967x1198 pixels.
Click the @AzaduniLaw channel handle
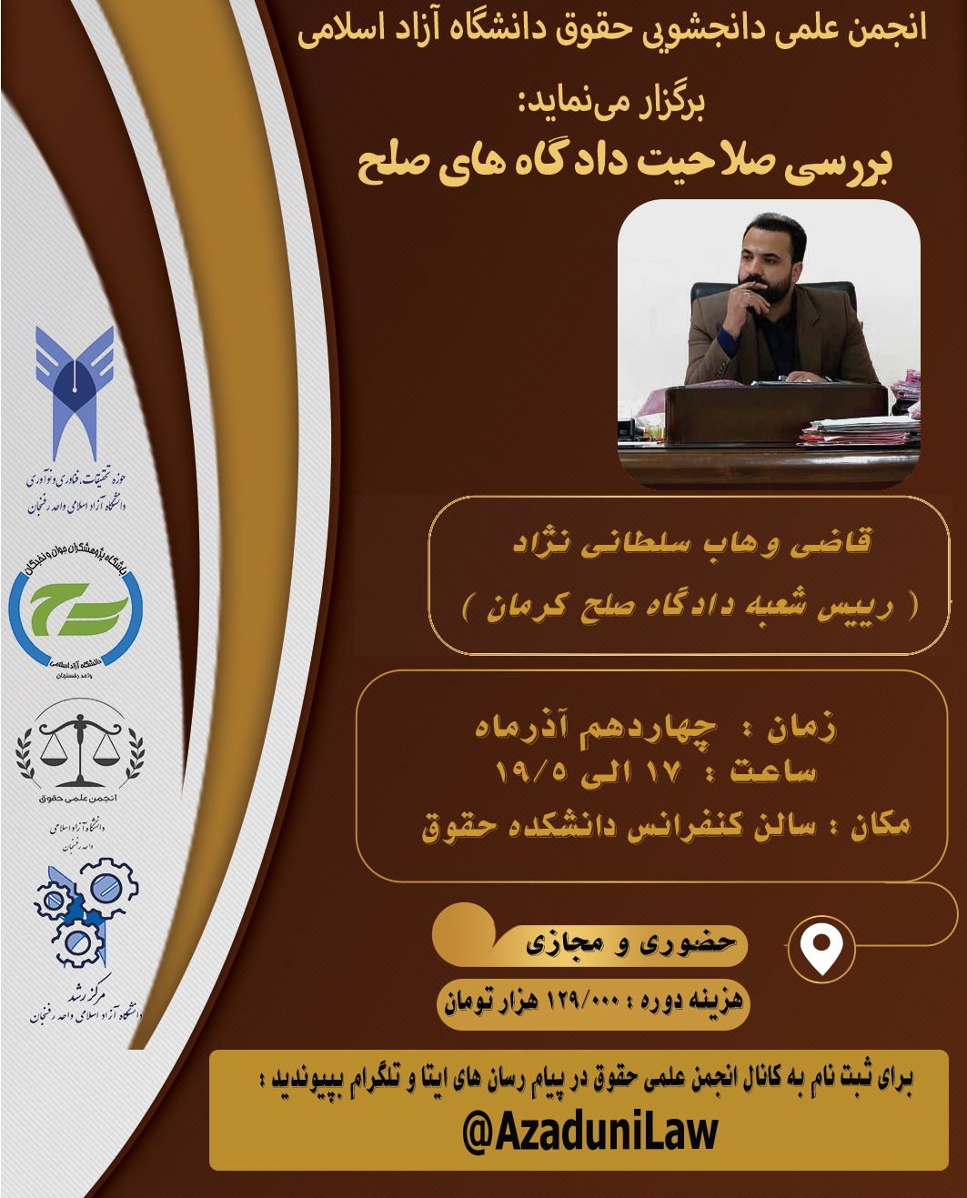coord(590,1132)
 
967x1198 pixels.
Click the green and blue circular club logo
coord(76,610)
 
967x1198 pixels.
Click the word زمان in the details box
coord(801,728)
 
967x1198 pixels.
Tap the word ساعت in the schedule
coord(773,772)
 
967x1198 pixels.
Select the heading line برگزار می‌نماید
coord(612,103)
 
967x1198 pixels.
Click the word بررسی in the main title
coord(837,164)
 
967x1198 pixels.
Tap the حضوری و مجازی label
coord(630,943)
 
